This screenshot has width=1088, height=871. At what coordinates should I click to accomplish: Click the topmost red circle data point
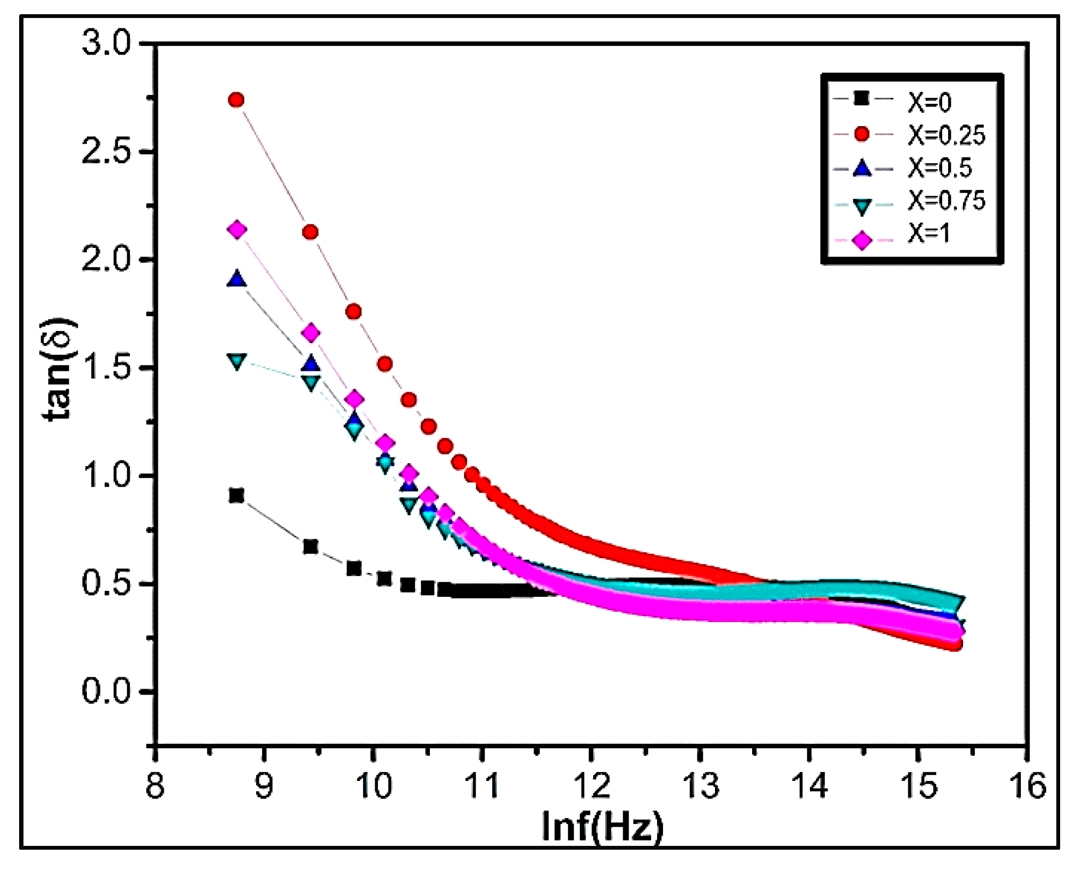click(236, 100)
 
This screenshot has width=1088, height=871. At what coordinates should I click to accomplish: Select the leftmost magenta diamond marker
click(236, 230)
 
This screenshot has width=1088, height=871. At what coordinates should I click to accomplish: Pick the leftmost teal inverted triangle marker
click(236, 361)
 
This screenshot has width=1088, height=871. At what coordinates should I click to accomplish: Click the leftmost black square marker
click(236, 496)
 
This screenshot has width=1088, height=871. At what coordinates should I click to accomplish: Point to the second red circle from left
click(310, 232)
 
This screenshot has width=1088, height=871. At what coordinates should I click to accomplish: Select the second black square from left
click(310, 547)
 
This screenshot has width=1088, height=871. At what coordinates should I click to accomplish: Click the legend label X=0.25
click(947, 135)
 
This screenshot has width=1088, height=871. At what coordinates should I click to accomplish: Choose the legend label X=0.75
click(947, 200)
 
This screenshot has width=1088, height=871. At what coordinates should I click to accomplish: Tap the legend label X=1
click(929, 234)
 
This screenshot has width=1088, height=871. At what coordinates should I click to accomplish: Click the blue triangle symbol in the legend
click(862, 168)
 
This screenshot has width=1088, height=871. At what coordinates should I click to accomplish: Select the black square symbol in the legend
click(862, 99)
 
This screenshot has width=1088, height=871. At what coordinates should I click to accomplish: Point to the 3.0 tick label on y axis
click(107, 43)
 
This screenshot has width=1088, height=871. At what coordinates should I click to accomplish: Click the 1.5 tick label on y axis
click(107, 368)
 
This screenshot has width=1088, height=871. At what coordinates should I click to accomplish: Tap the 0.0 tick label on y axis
click(107, 691)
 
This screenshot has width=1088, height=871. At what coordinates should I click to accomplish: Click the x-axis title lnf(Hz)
click(602, 827)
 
